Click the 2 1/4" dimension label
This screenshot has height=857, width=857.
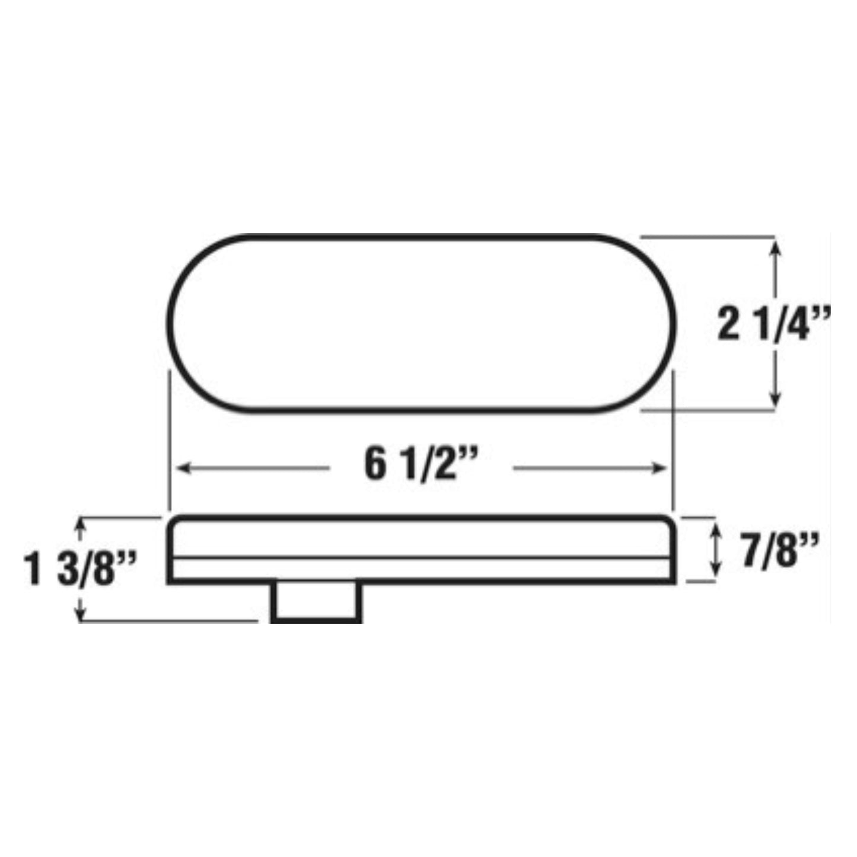773,324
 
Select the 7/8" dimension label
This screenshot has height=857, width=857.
780,550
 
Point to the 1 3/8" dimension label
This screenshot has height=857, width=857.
80,568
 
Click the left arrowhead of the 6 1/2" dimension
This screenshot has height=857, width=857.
184,468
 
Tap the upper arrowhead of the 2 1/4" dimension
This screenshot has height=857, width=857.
775,248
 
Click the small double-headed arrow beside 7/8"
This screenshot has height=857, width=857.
715,549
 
